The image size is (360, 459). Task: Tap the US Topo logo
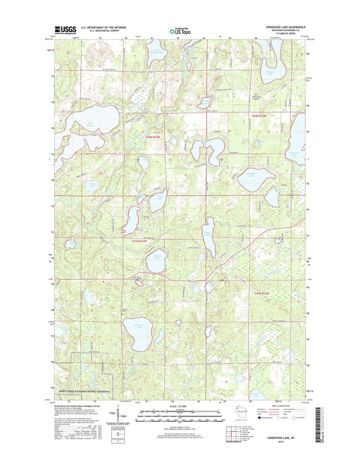click(x=180, y=30)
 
